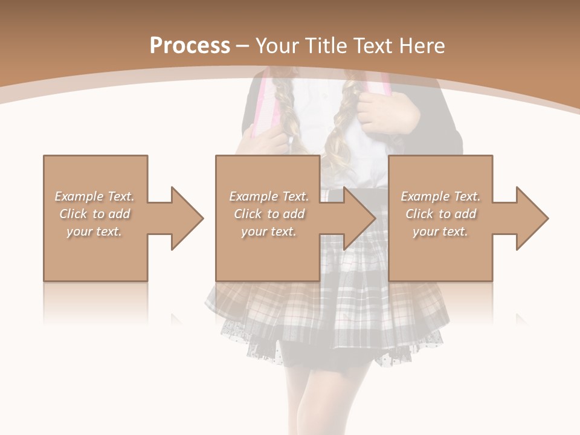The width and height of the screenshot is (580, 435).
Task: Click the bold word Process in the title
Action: pyautogui.click(x=190, y=46)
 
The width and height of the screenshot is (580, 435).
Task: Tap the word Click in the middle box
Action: pyautogui.click(x=246, y=214)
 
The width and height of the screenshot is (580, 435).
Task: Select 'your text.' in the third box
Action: pyautogui.click(x=440, y=231)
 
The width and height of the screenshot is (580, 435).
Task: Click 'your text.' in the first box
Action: pyautogui.click(x=94, y=231)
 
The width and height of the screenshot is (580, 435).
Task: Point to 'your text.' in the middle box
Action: pyautogui.click(x=269, y=231)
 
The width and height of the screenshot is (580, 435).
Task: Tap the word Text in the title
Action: pyautogui.click(x=373, y=46)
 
